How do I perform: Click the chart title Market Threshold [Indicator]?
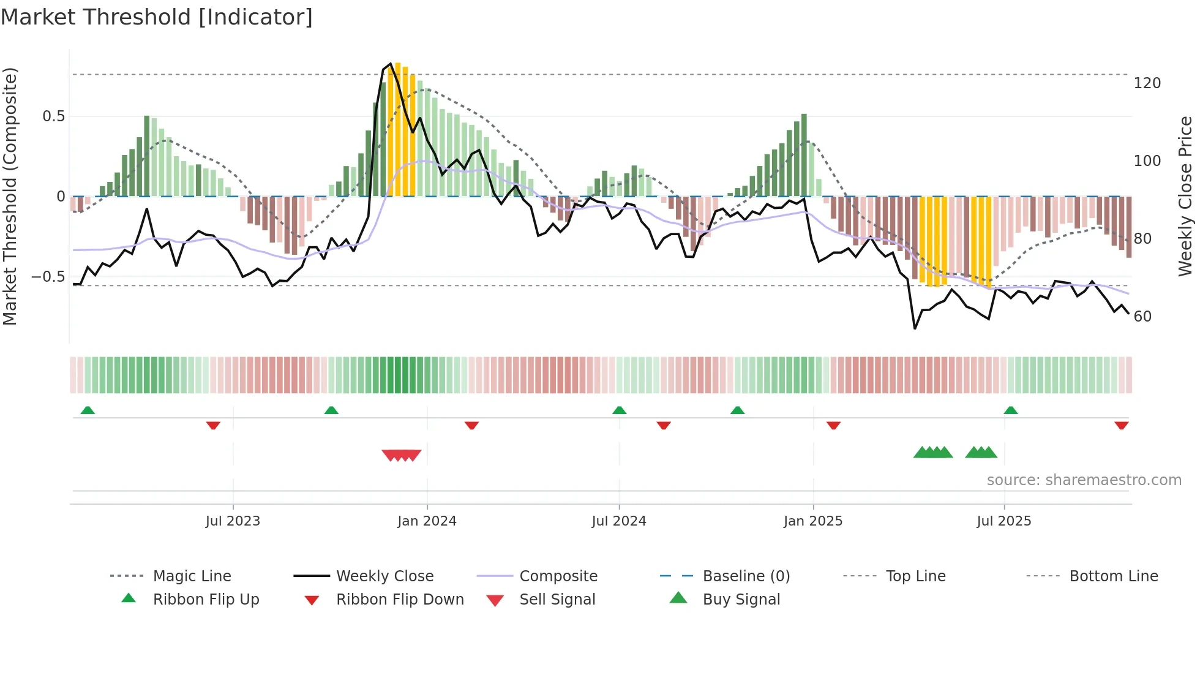157,17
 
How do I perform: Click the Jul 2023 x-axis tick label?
233,521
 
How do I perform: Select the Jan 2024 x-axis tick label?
427,521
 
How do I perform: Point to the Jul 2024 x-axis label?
619,521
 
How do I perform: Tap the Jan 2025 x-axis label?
813,521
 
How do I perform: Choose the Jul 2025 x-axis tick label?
1004,521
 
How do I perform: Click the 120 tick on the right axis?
1147,83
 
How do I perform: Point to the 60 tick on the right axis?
1142,317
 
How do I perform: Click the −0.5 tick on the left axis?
48,277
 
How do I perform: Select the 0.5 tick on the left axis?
54,116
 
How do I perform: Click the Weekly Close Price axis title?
1185,196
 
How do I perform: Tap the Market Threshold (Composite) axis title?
10,196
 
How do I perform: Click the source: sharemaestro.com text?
1084,480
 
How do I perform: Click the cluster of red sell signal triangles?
401,455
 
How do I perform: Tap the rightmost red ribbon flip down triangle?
1122,425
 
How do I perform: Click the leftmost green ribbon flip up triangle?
88,410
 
